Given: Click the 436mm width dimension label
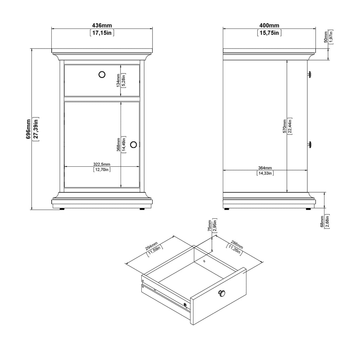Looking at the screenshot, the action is pos(102,25).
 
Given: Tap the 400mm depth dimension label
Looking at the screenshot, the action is pos(269,25).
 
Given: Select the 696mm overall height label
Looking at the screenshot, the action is pos(28,129).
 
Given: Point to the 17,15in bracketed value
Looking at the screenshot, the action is pos(102,33).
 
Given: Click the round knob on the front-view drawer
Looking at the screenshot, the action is pos(102,75).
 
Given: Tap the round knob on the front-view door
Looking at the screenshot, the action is pos(133,144).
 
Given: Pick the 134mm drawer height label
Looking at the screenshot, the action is pos(118,81).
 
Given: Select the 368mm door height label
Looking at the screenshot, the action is pos(118,144).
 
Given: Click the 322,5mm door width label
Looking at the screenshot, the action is pos(102,165).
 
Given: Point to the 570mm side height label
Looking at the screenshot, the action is pos(285,126).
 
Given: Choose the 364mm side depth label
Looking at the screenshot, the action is pos(265,168).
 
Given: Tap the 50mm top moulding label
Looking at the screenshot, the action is pos(326,37).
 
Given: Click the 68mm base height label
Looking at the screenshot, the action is pos(322,221).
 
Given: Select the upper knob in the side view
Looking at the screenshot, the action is pos(309,75).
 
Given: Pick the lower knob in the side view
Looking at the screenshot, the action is pos(309,144).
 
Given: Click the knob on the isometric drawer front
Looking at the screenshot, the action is pos(221,293).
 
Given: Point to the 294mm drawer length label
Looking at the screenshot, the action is pos(152,246).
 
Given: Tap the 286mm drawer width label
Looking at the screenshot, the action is pos(237,245).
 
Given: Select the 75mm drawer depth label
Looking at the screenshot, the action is pos(210,225).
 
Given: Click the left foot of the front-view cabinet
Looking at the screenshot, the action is pos(62,209).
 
